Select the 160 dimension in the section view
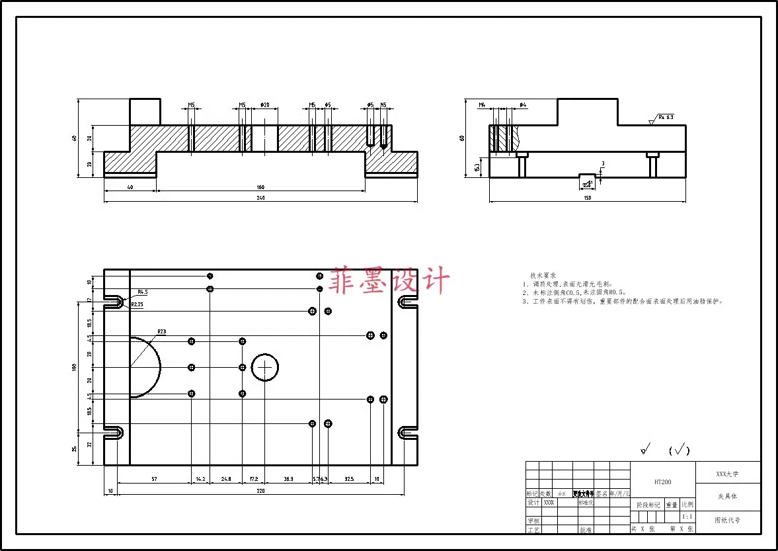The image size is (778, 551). pyautogui.click(x=260, y=188)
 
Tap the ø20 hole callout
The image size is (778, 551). pyautogui.click(x=264, y=105)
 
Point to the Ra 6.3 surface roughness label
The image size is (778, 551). pyautogui.click(x=665, y=117)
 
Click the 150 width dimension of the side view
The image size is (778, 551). pyautogui.click(x=587, y=198)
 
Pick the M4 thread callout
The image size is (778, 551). pyautogui.click(x=483, y=105)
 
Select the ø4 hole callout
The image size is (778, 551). pyautogui.click(x=522, y=105)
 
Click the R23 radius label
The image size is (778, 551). pyautogui.click(x=161, y=331)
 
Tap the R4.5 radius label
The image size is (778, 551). pyautogui.click(x=143, y=292)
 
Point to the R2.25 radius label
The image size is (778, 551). pyautogui.click(x=137, y=304)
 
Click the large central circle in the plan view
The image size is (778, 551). pyautogui.click(x=266, y=367)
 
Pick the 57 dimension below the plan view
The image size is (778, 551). pyautogui.click(x=154, y=478)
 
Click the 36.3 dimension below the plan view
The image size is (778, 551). pyautogui.click(x=288, y=478)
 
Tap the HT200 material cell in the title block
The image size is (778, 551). pyautogui.click(x=662, y=482)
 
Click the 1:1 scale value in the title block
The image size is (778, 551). pyautogui.click(x=687, y=517)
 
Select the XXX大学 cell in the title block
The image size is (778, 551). pyautogui.click(x=727, y=474)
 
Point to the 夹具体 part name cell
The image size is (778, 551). pyautogui.click(x=727, y=496)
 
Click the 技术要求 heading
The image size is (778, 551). pyautogui.click(x=543, y=275)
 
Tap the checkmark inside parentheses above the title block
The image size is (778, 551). pyautogui.click(x=679, y=451)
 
